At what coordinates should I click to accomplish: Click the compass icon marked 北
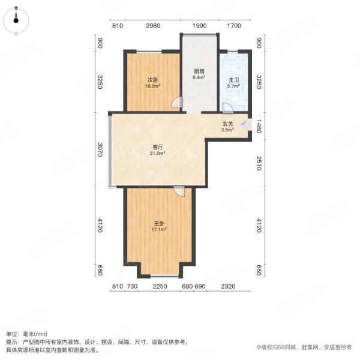pyautogui.click(x=16, y=22)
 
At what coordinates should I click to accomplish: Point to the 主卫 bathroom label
pyautogui.click(x=233, y=79)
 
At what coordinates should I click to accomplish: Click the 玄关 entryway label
pyautogui.click(x=227, y=124)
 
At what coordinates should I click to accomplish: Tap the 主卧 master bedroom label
pyautogui.click(x=159, y=223)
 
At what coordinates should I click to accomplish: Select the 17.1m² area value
pyautogui.click(x=159, y=229)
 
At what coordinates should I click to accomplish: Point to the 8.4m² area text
pyautogui.click(x=199, y=77)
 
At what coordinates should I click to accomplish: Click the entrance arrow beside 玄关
pyautogui.click(x=244, y=124)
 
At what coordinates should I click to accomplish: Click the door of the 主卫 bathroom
pyautogui.click(x=227, y=107)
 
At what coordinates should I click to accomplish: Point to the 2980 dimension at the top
pyautogui.click(x=153, y=25)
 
